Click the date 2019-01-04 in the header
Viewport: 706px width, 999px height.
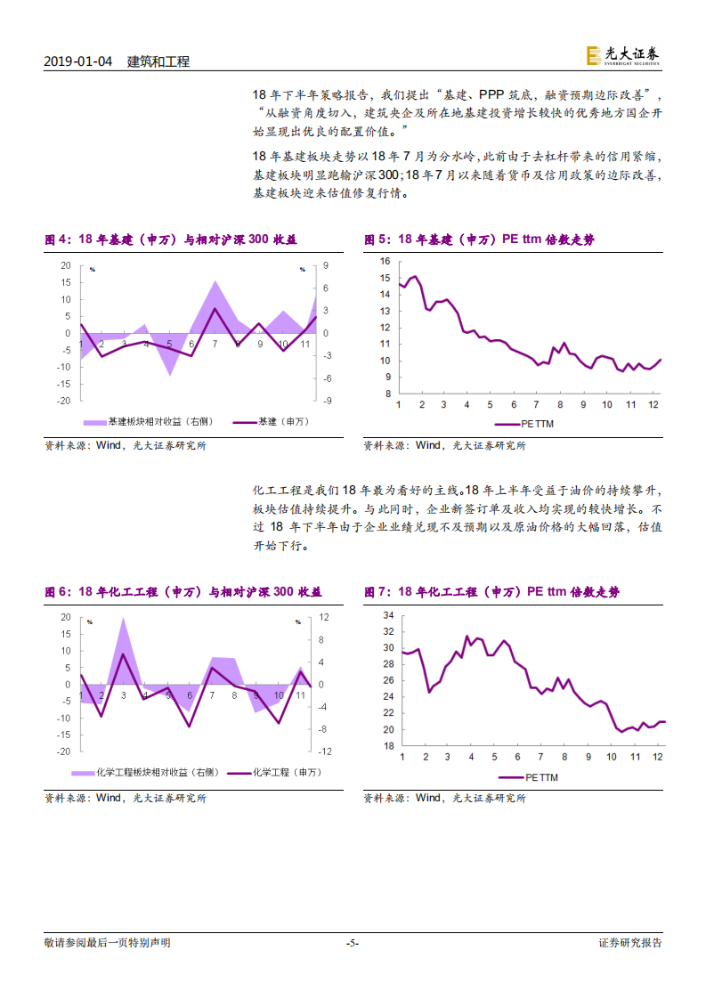[x=78, y=61]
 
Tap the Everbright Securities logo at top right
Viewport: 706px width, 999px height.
[x=623, y=56]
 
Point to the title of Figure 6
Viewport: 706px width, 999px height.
[x=183, y=592]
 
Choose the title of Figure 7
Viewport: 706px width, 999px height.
[x=491, y=592]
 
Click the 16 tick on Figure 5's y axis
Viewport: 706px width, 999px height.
[x=385, y=261]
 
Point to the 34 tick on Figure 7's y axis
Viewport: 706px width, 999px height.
[x=388, y=615]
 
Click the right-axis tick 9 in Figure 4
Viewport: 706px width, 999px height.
[x=326, y=265]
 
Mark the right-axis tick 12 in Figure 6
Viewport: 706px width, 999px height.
[x=325, y=617]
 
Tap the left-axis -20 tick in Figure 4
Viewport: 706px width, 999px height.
[x=65, y=401]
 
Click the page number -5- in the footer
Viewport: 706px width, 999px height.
[x=352, y=943]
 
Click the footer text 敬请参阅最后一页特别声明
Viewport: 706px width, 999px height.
[x=107, y=943]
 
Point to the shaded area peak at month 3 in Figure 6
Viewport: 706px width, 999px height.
[x=123, y=620]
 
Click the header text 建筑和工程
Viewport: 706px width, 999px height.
[x=158, y=61]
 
